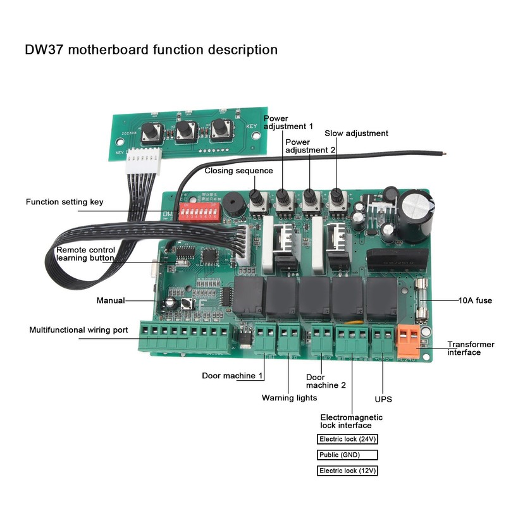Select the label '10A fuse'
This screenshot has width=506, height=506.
[475, 301]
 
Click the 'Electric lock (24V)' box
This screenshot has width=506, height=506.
[347, 439]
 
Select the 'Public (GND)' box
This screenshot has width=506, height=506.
[347, 455]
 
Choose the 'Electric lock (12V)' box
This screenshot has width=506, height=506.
[347, 471]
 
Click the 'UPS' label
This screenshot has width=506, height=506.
[383, 400]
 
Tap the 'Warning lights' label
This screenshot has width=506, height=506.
[289, 398]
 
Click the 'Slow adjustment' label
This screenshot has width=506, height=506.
[356, 133]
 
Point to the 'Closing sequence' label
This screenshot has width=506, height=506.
[238, 171]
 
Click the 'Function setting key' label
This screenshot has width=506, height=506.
[64, 202]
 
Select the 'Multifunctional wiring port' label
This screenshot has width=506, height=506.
[78, 330]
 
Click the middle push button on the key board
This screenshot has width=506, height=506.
[185, 130]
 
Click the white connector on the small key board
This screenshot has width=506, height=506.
[144, 164]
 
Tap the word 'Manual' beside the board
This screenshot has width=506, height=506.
[110, 300]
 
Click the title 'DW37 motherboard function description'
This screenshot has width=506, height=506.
[151, 49]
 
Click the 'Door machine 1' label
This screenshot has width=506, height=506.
[231, 376]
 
